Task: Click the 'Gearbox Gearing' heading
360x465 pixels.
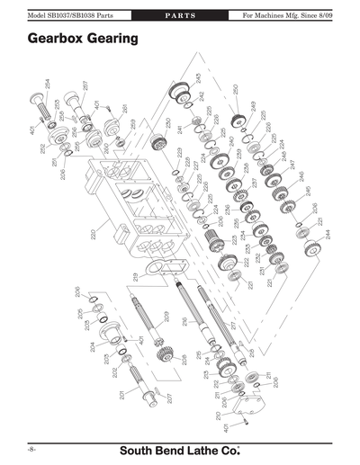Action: point(82,40)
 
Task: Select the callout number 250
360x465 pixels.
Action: point(236,90)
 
